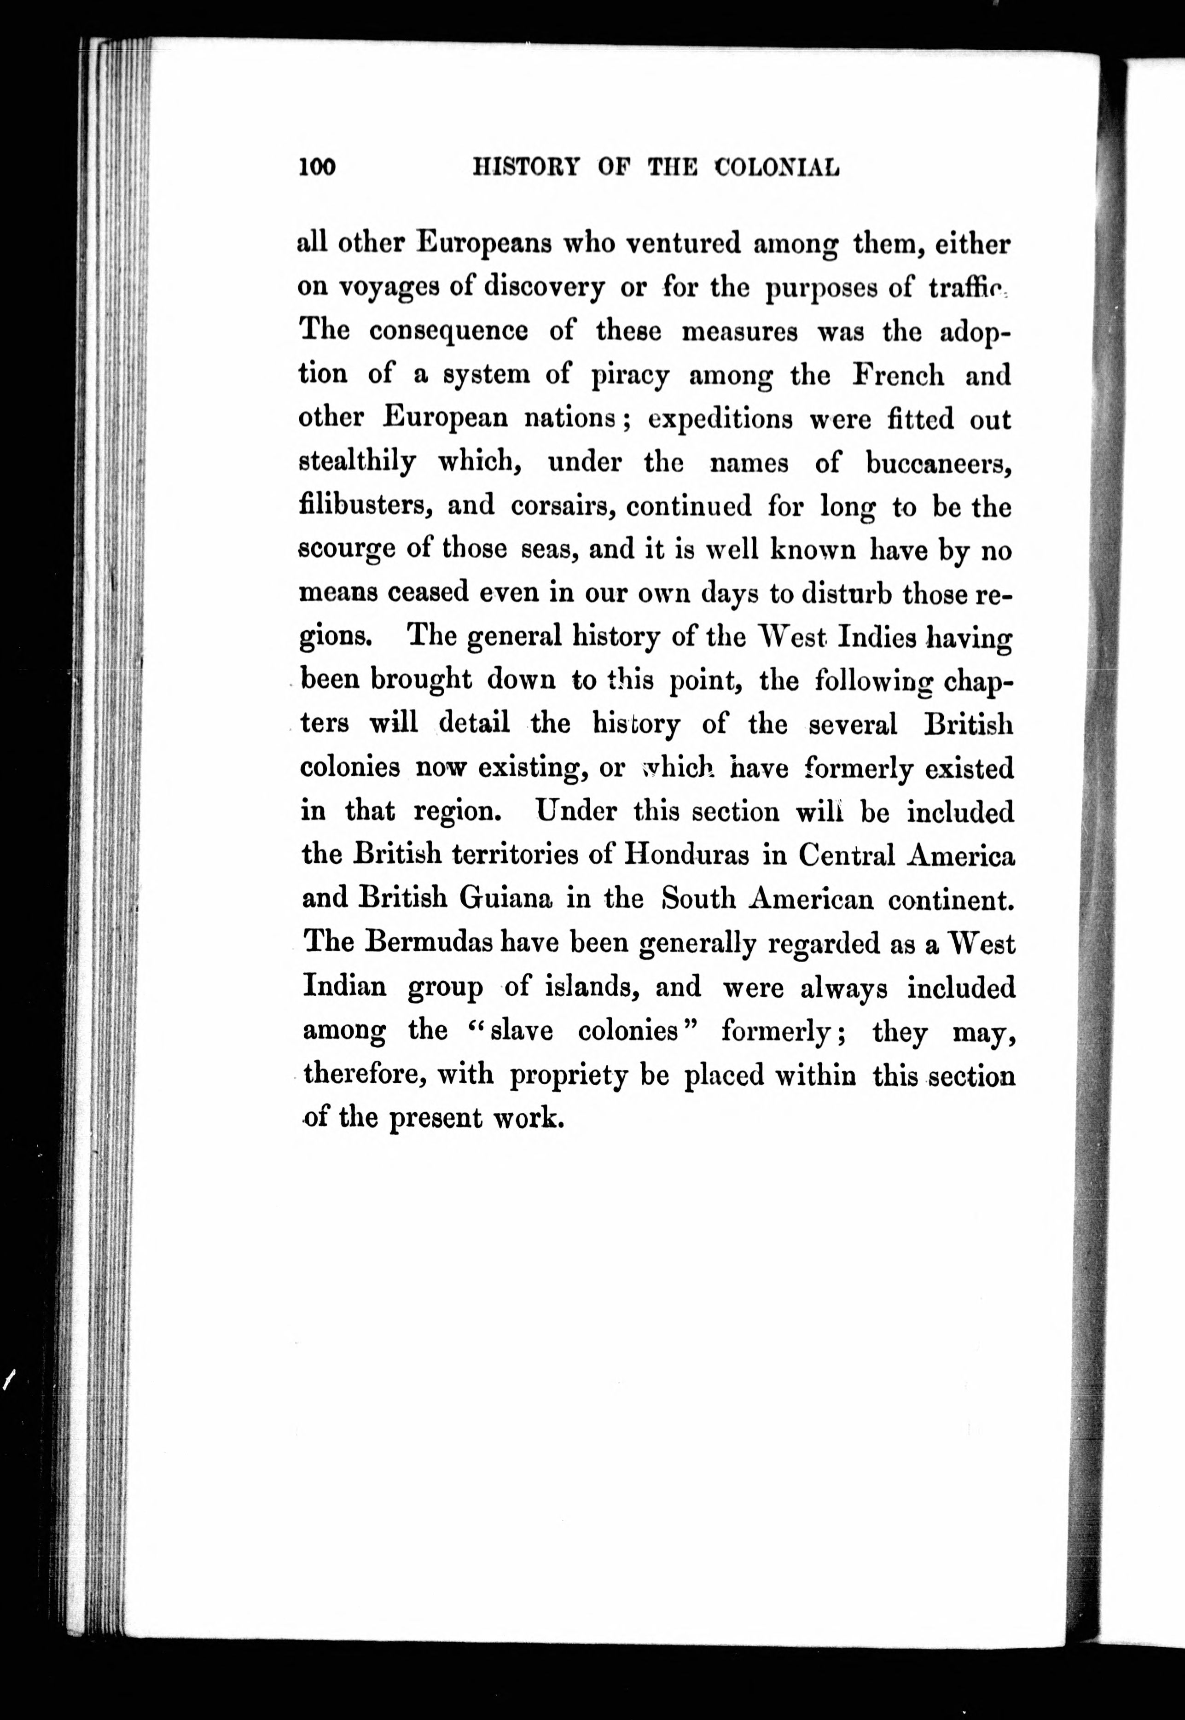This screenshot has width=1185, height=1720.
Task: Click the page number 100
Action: point(317,168)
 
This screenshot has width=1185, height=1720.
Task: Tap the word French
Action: point(898,375)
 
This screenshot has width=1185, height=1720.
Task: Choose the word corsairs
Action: point(564,507)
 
